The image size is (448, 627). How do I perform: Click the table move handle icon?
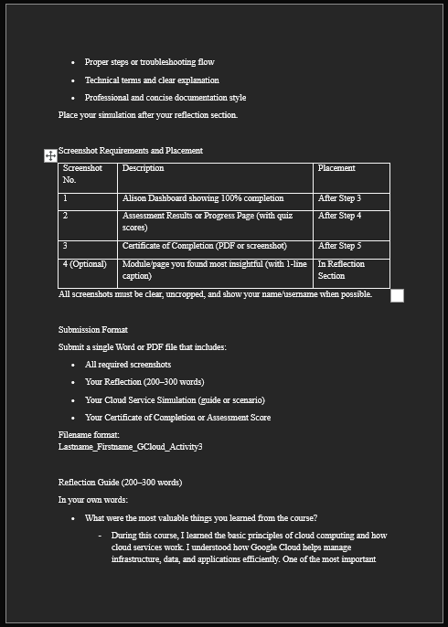pyautogui.click(x=50, y=155)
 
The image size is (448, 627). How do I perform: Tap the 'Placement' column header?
pyautogui.click(x=336, y=168)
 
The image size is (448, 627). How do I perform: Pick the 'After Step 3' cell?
pyautogui.click(x=339, y=198)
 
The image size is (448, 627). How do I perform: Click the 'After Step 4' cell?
pyautogui.click(x=339, y=216)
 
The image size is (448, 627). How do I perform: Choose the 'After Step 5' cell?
pyautogui.click(x=339, y=246)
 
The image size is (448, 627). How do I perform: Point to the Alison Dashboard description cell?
pyautogui.click(x=203, y=198)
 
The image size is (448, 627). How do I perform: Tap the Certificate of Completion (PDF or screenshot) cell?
pyautogui.click(x=205, y=246)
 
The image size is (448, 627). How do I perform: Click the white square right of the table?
pyautogui.click(x=397, y=295)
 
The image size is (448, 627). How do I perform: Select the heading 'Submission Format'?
pyautogui.click(x=93, y=330)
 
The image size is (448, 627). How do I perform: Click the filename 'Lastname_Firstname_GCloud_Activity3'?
pyautogui.click(x=131, y=447)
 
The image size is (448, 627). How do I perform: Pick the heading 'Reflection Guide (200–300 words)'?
pyautogui.click(x=120, y=483)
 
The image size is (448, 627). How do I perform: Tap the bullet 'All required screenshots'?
pyautogui.click(x=128, y=365)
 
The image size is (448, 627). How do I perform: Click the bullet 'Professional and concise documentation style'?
pyautogui.click(x=165, y=98)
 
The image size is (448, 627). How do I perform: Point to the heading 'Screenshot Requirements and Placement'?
pyautogui.click(x=131, y=151)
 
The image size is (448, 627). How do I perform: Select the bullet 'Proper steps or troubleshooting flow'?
pyautogui.click(x=149, y=62)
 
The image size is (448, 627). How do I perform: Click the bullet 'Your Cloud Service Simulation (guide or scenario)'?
pyautogui.click(x=175, y=400)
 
